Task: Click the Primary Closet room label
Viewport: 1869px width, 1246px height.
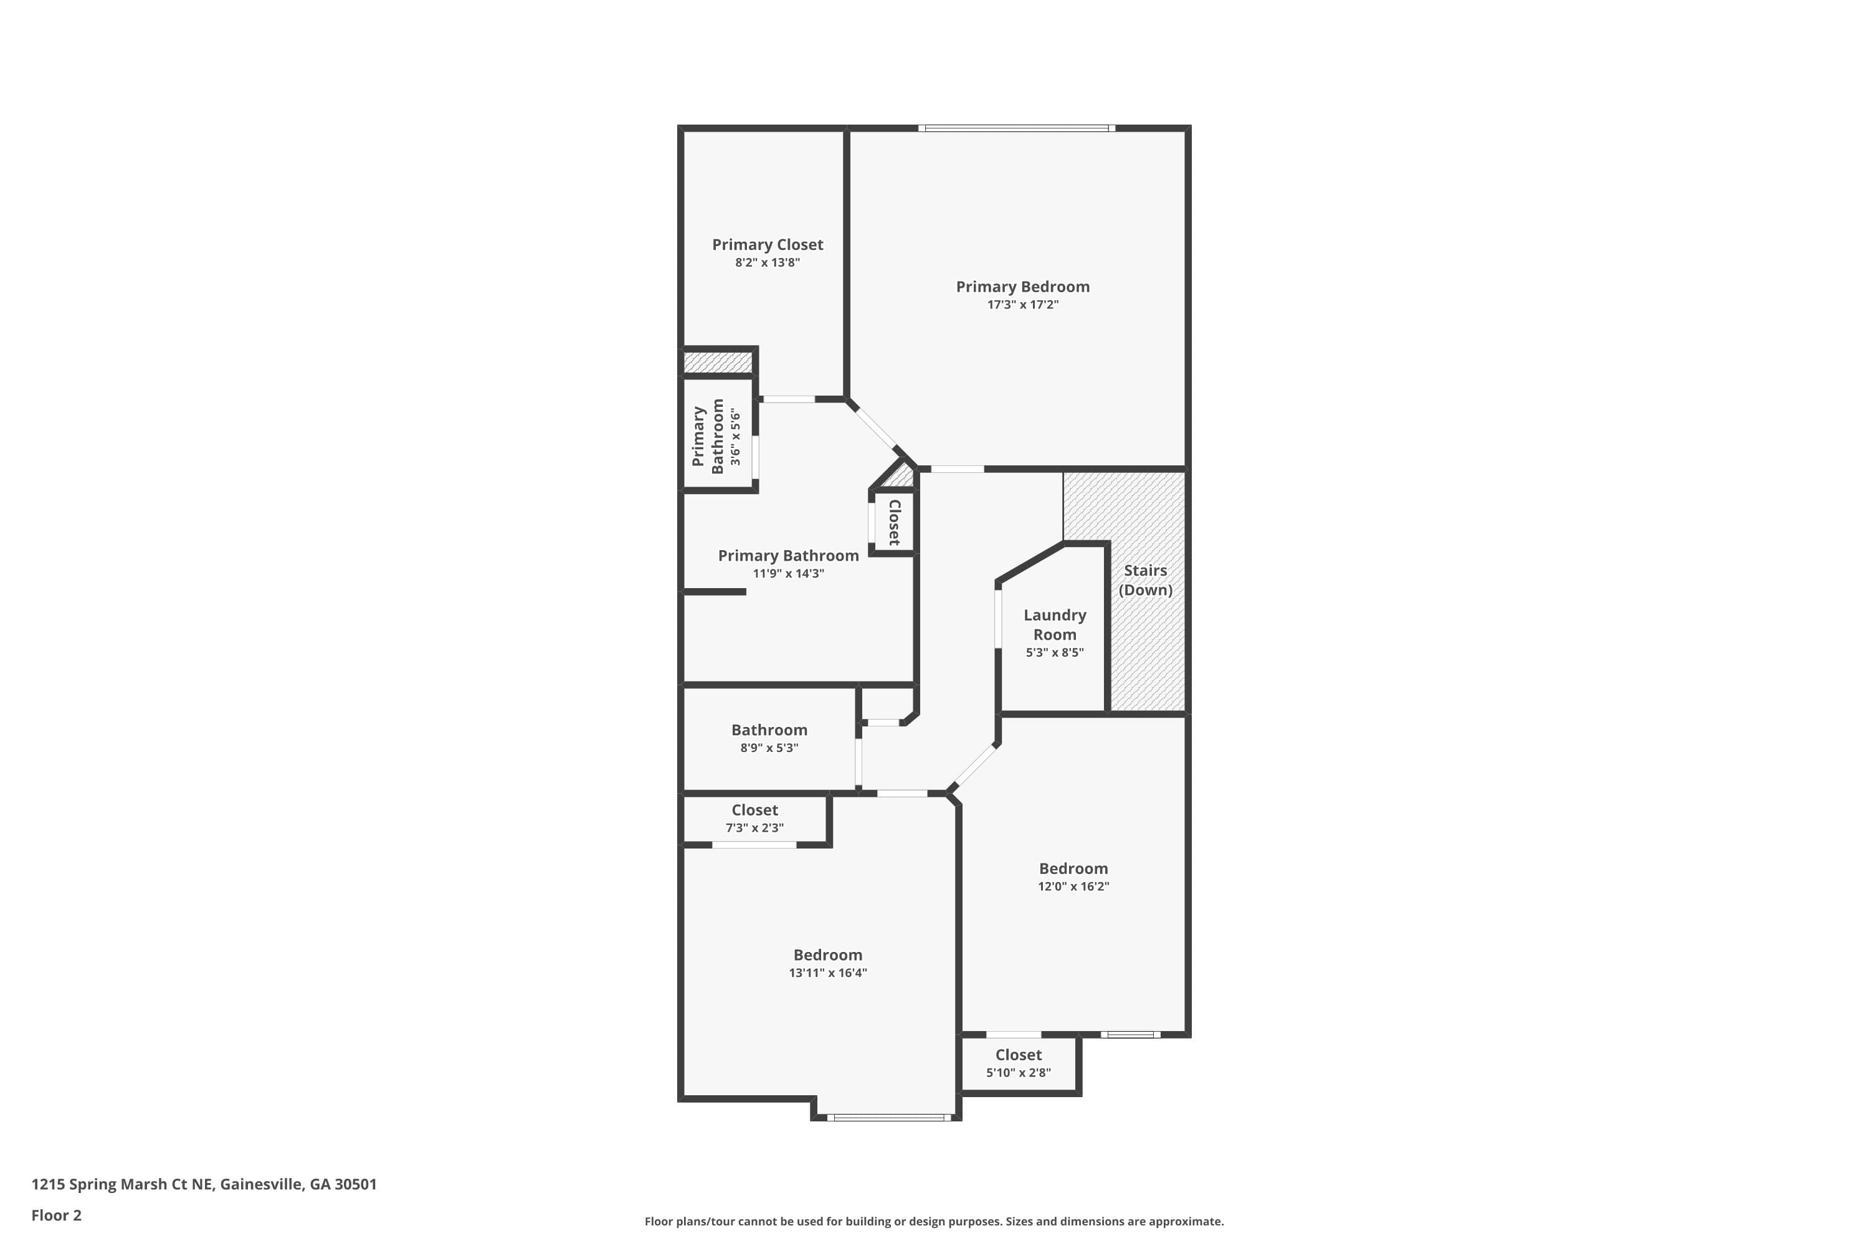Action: tap(767, 245)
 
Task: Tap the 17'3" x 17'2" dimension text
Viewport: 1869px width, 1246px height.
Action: tap(1023, 305)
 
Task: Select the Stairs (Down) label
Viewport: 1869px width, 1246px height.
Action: tap(1145, 580)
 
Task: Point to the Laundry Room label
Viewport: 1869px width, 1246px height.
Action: tap(1055, 625)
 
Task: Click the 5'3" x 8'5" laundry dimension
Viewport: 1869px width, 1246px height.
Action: tap(1055, 652)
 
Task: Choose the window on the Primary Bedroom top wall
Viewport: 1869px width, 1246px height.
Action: tap(1016, 128)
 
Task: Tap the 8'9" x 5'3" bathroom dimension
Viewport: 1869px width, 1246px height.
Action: tap(769, 748)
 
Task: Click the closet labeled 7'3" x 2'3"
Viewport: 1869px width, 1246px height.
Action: tap(755, 819)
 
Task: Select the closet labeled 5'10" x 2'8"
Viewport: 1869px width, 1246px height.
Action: tap(1018, 1063)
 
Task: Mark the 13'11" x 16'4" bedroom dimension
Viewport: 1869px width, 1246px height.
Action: tap(827, 973)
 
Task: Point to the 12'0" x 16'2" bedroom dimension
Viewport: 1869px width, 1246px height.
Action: tap(1073, 886)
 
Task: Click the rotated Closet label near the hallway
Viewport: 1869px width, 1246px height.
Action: tap(895, 522)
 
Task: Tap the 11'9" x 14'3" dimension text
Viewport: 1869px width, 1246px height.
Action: tap(788, 574)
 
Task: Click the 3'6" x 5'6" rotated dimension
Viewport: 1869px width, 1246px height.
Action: tap(736, 437)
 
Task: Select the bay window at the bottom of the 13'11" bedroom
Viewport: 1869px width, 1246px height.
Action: tap(888, 1117)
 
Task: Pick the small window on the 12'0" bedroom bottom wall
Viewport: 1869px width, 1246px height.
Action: tap(1130, 1035)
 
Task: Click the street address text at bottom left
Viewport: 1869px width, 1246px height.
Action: tap(204, 1184)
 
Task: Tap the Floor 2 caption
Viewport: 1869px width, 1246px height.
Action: tap(57, 1215)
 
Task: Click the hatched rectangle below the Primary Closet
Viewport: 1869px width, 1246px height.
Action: tap(718, 363)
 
